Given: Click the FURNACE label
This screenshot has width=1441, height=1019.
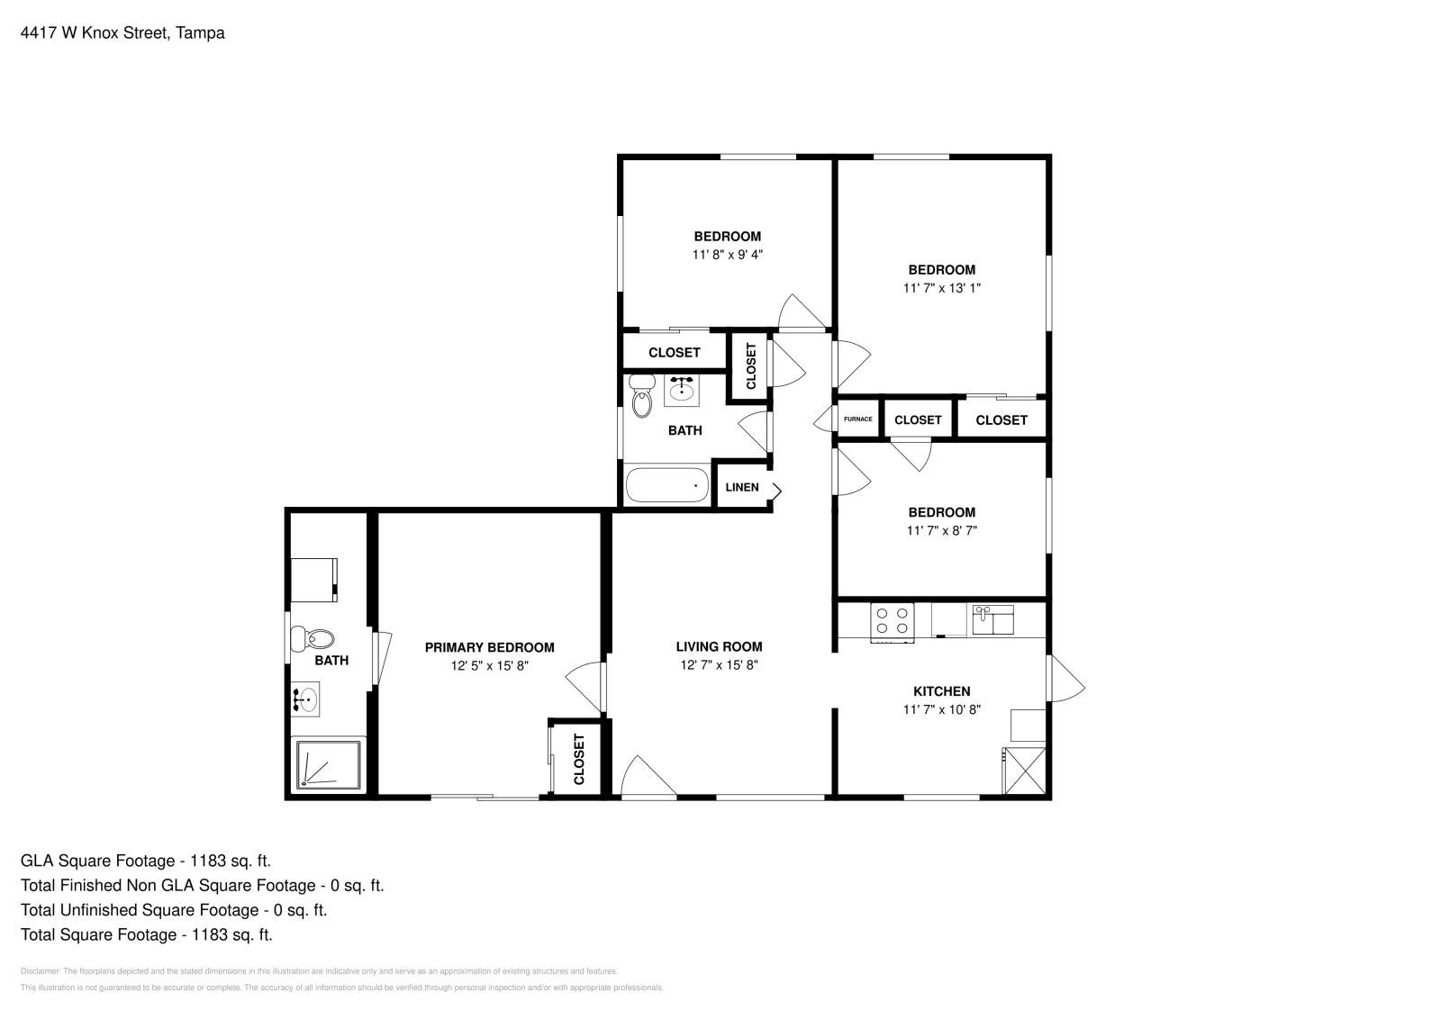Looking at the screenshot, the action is coord(858,419).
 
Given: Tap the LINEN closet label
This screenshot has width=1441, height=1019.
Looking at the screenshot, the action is coord(742,487).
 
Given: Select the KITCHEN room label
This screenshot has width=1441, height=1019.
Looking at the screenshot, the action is coord(942,691).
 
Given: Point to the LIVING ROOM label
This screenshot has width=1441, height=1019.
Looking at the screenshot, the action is coord(720,646).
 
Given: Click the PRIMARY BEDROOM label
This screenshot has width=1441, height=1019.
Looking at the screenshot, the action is coord(490,647).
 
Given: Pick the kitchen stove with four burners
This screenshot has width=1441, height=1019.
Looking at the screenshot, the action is coord(893,622).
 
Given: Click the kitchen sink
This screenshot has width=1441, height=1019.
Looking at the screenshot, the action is coord(992,619).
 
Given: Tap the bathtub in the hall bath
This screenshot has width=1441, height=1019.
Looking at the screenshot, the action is coord(667,485).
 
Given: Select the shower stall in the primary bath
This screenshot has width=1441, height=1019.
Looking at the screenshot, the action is coord(328,764).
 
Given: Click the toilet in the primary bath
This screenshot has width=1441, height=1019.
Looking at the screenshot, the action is coord(313,639).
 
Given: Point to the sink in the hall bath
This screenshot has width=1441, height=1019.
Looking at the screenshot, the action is coord(681,390).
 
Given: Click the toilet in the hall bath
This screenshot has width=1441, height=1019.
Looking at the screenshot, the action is coord(641,396).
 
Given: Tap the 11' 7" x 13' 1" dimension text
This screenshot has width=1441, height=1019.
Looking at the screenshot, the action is coord(942,288).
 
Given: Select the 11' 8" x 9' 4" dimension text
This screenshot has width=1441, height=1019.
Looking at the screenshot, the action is coord(728,255).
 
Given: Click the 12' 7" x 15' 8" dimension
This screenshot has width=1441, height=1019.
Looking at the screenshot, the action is coord(720,664).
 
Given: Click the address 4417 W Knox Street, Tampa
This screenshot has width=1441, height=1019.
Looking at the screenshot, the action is coord(122,32).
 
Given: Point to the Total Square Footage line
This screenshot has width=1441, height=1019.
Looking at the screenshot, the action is coord(147,934).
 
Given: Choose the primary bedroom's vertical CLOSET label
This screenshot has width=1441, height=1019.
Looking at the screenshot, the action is coord(579,759).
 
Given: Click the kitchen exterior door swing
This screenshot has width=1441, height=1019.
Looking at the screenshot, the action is coord(1066,678).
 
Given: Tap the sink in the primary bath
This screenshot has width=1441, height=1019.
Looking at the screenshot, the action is coord(305,699).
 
